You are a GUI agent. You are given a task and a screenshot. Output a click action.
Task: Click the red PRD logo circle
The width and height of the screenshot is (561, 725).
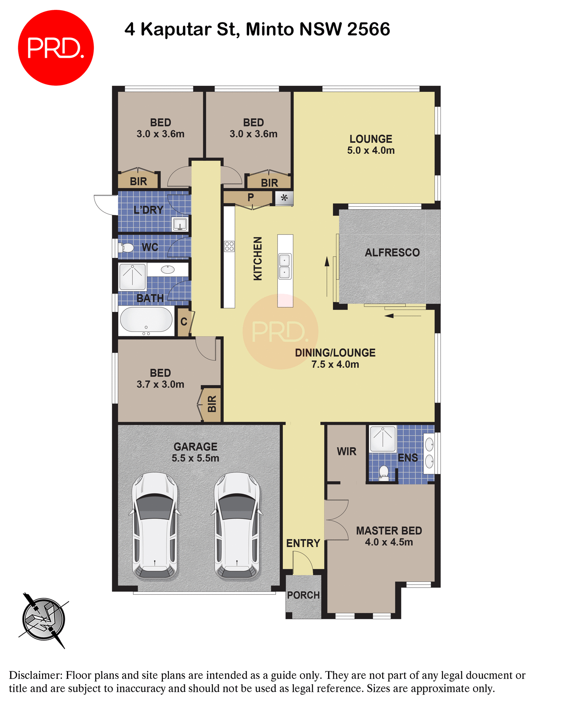tap(56, 48)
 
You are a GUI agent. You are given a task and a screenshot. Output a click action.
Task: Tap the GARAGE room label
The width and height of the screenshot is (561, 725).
tap(195, 447)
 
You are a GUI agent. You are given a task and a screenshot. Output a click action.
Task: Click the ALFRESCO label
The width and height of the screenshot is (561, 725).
tap(392, 253)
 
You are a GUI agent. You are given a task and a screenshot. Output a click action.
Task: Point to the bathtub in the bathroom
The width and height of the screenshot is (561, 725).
tap(146, 320)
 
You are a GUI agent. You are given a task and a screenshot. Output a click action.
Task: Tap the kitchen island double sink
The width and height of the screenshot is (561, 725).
tap(285, 266)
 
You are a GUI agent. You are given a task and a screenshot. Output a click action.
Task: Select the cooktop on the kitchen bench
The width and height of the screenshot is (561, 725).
tap(229, 246)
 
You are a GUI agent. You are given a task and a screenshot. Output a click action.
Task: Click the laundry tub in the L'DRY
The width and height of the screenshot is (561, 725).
tap(180, 224)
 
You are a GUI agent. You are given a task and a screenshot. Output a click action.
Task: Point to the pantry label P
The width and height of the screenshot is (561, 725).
tap(251, 197)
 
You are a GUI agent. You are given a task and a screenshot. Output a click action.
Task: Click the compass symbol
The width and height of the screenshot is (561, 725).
tap(43, 620)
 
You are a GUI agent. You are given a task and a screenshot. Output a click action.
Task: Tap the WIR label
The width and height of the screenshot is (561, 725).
tap(346, 452)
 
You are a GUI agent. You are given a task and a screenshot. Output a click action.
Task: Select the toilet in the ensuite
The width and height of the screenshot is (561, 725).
tap(384, 473)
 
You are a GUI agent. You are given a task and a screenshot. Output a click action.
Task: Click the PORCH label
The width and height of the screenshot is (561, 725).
tap(303, 595)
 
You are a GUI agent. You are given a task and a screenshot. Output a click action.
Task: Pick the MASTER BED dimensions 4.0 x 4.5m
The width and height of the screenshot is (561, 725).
tap(389, 542)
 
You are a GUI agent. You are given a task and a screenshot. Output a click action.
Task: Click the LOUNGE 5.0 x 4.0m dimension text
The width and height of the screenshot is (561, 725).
tap(371, 151)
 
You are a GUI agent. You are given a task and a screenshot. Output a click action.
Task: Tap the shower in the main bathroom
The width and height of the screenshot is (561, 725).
tap(132, 277)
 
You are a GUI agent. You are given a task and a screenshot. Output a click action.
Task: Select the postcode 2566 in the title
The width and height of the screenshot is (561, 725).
tap(369, 29)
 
